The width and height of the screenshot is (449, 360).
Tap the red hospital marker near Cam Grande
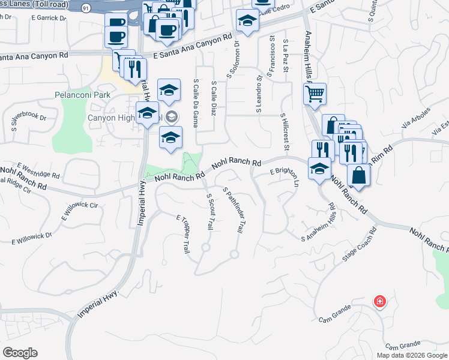point(379,301)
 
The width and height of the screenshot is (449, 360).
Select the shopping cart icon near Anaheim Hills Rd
point(315,94)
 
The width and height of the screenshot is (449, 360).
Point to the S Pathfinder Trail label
point(234,210)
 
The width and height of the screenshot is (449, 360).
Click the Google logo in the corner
point(20,353)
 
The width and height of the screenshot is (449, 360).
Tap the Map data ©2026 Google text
point(412,355)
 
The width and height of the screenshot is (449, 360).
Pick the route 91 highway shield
point(85,8)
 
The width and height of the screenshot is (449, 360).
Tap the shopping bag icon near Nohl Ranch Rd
point(359,175)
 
